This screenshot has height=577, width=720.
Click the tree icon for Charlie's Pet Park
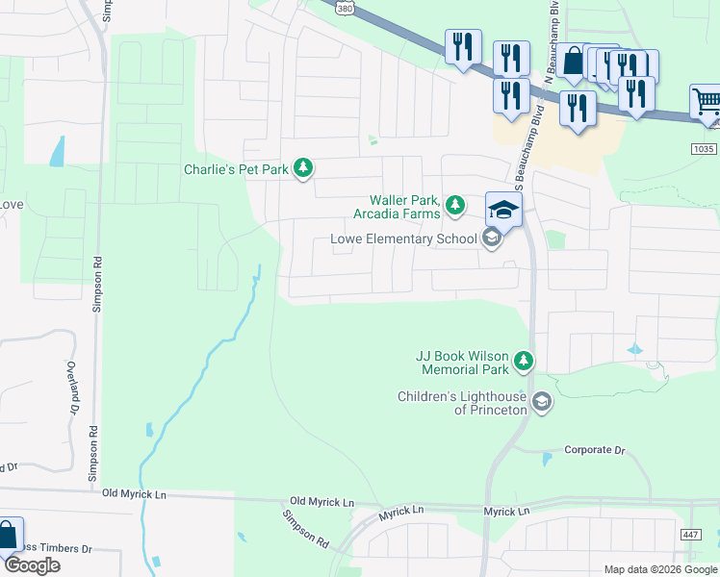point(304,169)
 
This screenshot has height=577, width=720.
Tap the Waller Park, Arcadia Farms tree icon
point(455,204)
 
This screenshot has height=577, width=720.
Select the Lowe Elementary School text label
point(403,238)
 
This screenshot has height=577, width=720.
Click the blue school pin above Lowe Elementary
point(503,208)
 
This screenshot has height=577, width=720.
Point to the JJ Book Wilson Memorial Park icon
point(524,362)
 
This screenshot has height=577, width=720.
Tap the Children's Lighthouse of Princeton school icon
point(541,402)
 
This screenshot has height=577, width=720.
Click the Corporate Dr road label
point(594,449)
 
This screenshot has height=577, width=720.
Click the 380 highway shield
point(346,8)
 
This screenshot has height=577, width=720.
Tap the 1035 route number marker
point(705,148)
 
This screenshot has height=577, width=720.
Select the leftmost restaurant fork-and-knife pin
point(463,46)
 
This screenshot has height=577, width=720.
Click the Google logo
point(32,564)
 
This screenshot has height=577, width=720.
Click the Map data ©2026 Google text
point(659,569)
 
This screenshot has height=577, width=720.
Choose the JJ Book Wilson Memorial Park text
point(462,362)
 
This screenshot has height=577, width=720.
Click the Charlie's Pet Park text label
point(237,170)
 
